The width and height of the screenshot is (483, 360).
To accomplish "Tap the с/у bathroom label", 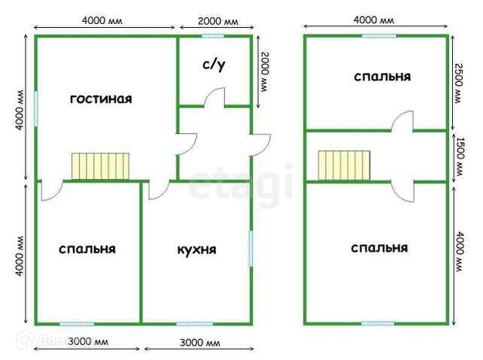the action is [x=214, y=65].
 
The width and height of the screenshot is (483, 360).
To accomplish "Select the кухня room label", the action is [x=197, y=249].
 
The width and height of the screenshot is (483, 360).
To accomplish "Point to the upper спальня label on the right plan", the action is [x=381, y=77].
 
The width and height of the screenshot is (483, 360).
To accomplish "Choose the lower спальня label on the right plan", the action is [x=379, y=247].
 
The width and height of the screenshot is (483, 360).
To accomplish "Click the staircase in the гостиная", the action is [x=101, y=166].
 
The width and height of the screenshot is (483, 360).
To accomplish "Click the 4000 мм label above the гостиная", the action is [x=104, y=20].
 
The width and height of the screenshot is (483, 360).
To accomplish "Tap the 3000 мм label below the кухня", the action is [x=199, y=343].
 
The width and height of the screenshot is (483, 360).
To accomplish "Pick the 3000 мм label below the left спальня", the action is [x=88, y=343].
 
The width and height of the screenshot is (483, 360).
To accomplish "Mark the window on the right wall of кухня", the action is [x=250, y=248].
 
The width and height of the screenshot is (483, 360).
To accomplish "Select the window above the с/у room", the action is [x=213, y=35].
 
